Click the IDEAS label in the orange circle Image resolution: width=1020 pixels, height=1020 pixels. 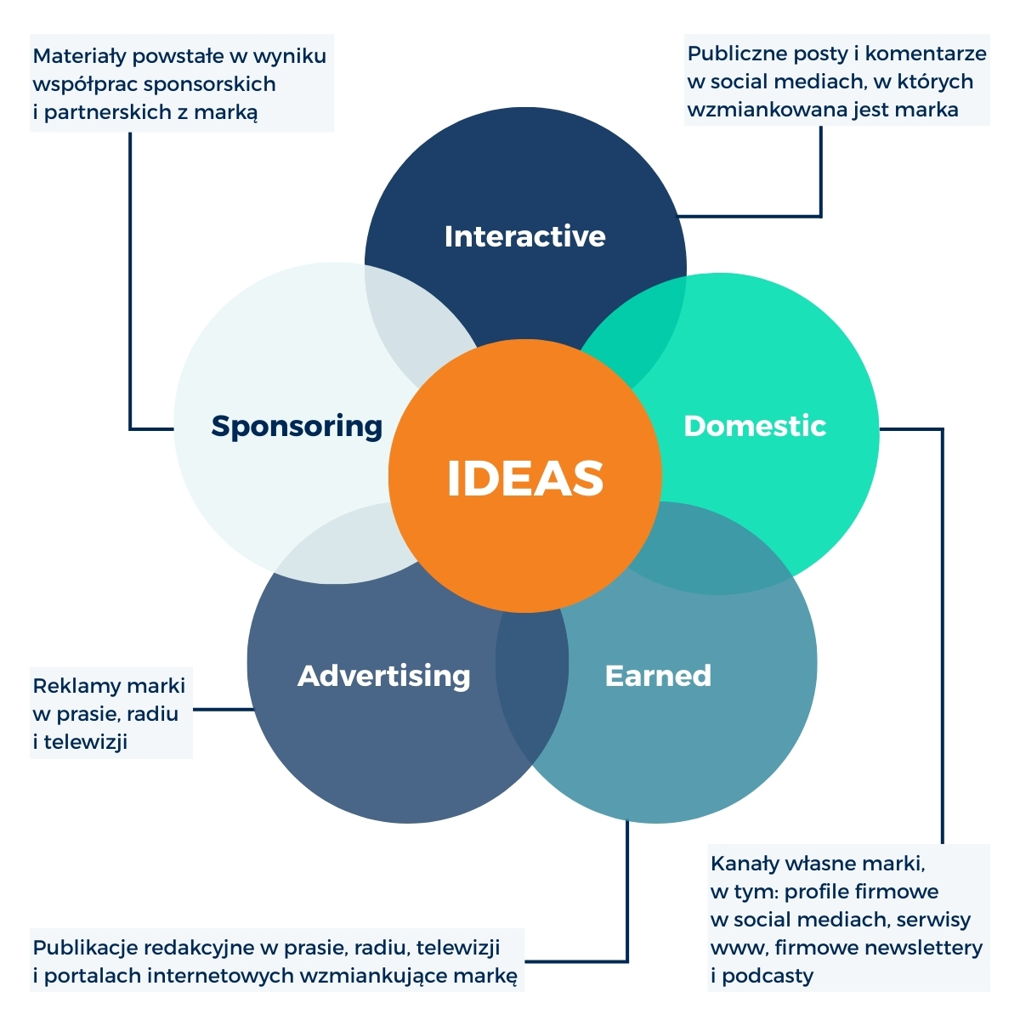525,478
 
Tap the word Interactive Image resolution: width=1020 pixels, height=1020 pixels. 524,236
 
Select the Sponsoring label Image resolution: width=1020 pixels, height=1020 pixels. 297,426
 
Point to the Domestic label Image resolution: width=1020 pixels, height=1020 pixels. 755,426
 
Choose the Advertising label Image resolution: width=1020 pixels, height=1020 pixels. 384,676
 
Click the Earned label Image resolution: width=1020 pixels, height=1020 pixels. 658,676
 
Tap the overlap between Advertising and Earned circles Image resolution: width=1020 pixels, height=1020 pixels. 532,680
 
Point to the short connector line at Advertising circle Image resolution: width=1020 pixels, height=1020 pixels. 223,709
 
